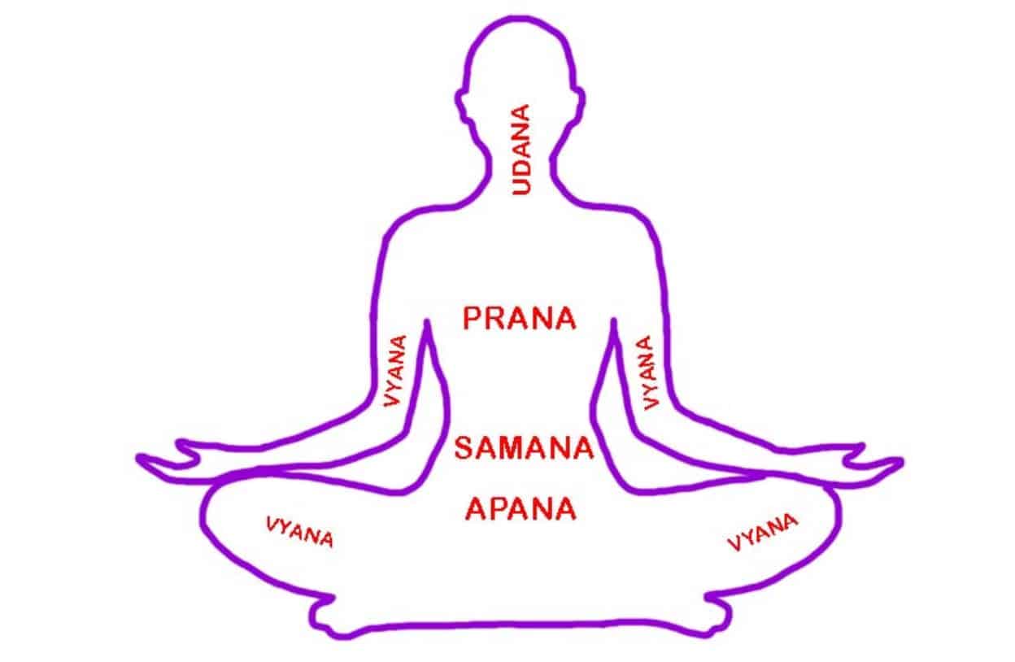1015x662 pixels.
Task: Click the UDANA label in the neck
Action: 521,150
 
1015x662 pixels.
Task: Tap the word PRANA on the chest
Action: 519,318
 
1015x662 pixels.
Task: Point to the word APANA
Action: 521,509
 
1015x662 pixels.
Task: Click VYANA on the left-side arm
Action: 395,371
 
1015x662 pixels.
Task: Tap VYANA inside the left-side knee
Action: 299,532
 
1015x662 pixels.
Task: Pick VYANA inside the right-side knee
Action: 762,532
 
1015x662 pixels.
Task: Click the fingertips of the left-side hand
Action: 142,459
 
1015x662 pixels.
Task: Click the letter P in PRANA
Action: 472,318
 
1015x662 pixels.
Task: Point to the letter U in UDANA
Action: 521,186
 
